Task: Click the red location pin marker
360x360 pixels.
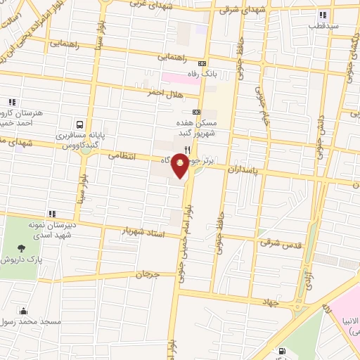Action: [x=181, y=167]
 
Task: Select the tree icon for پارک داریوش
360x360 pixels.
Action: [x=22, y=247]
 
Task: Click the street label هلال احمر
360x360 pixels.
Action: [x=163, y=92]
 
